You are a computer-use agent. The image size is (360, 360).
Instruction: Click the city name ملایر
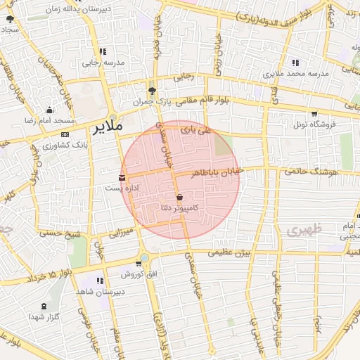[x=108, y=127]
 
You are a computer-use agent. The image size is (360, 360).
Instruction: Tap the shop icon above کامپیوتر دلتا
[x=180, y=197]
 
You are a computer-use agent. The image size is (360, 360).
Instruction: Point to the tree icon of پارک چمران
[x=151, y=91]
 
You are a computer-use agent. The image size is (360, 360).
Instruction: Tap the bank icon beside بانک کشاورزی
[x=65, y=134]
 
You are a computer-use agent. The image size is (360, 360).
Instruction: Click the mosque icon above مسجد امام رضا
[x=49, y=110]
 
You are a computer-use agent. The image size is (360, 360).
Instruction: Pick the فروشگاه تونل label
[x=310, y=124]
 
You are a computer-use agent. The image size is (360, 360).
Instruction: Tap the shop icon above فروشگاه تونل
[x=314, y=113]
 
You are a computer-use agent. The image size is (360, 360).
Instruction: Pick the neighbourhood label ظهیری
[x=304, y=229]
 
